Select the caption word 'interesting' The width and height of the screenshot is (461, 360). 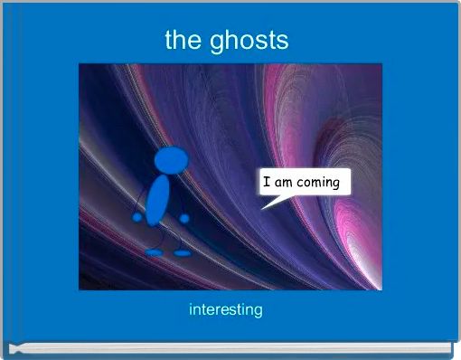click(226, 310)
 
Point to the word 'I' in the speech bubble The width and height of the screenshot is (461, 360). click(266, 183)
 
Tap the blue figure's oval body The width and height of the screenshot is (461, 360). click(159, 201)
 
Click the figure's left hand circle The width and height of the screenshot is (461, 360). click(137, 218)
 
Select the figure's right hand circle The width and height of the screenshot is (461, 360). click(184, 218)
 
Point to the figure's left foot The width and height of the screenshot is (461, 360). click(155, 252)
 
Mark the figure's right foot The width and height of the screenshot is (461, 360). click(183, 252)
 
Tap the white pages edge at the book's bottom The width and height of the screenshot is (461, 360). click(230, 346)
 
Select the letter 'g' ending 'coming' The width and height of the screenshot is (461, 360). click(335, 184)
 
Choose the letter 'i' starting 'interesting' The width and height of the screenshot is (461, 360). click(192, 309)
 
